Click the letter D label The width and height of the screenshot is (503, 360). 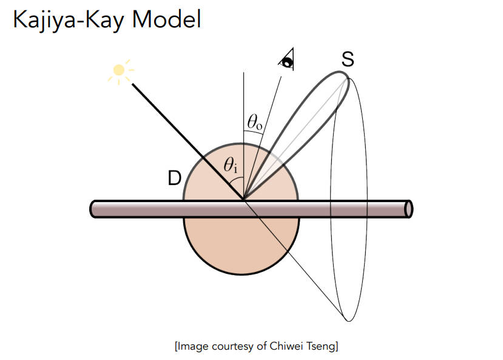tap(174, 178)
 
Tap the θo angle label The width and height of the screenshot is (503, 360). tap(255, 121)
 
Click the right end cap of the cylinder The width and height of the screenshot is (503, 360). tap(408, 208)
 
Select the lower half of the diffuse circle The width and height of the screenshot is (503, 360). tap(241, 246)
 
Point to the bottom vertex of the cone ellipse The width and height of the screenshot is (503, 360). tap(348, 320)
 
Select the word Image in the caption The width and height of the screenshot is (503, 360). tap(194, 347)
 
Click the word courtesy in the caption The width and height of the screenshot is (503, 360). tap(231, 347)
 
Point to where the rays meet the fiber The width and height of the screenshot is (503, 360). tap(244, 199)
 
